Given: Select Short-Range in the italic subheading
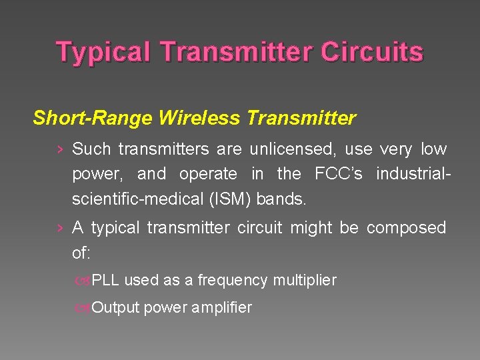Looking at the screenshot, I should pyautogui.click(x=93, y=119).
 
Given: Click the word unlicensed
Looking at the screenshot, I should pyautogui.click(x=293, y=149).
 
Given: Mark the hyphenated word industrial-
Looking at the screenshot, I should pyautogui.click(x=413, y=174).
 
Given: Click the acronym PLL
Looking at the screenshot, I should pyautogui.click(x=105, y=280).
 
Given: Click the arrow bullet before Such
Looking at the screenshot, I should pyautogui.click(x=61, y=149).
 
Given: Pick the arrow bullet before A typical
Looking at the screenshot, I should pyautogui.click(x=61, y=229).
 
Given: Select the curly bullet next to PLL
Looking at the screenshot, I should pyautogui.click(x=83, y=281).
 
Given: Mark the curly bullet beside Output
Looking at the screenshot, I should pyautogui.click(x=83, y=308).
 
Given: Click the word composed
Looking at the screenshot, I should pyautogui.click(x=406, y=228).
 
